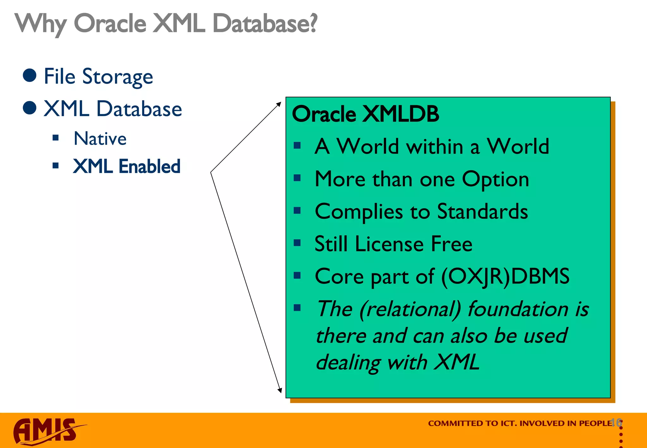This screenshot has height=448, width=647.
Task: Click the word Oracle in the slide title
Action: click(x=110, y=23)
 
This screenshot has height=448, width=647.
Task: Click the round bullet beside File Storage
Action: click(x=30, y=75)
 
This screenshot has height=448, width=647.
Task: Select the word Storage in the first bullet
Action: click(x=118, y=77)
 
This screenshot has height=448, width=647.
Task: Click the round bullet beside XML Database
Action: click(x=30, y=108)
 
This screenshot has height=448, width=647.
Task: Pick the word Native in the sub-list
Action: click(x=100, y=139)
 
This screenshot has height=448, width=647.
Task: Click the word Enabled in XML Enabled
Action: click(x=149, y=166)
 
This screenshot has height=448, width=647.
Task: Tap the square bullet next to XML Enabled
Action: click(x=56, y=166)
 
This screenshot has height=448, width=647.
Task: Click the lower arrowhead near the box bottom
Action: click(x=280, y=390)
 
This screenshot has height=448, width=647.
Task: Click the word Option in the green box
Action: click(x=495, y=179)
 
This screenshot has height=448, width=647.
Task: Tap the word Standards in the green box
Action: click(x=482, y=211)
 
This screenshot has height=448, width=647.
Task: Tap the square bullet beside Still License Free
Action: click(x=297, y=243)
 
